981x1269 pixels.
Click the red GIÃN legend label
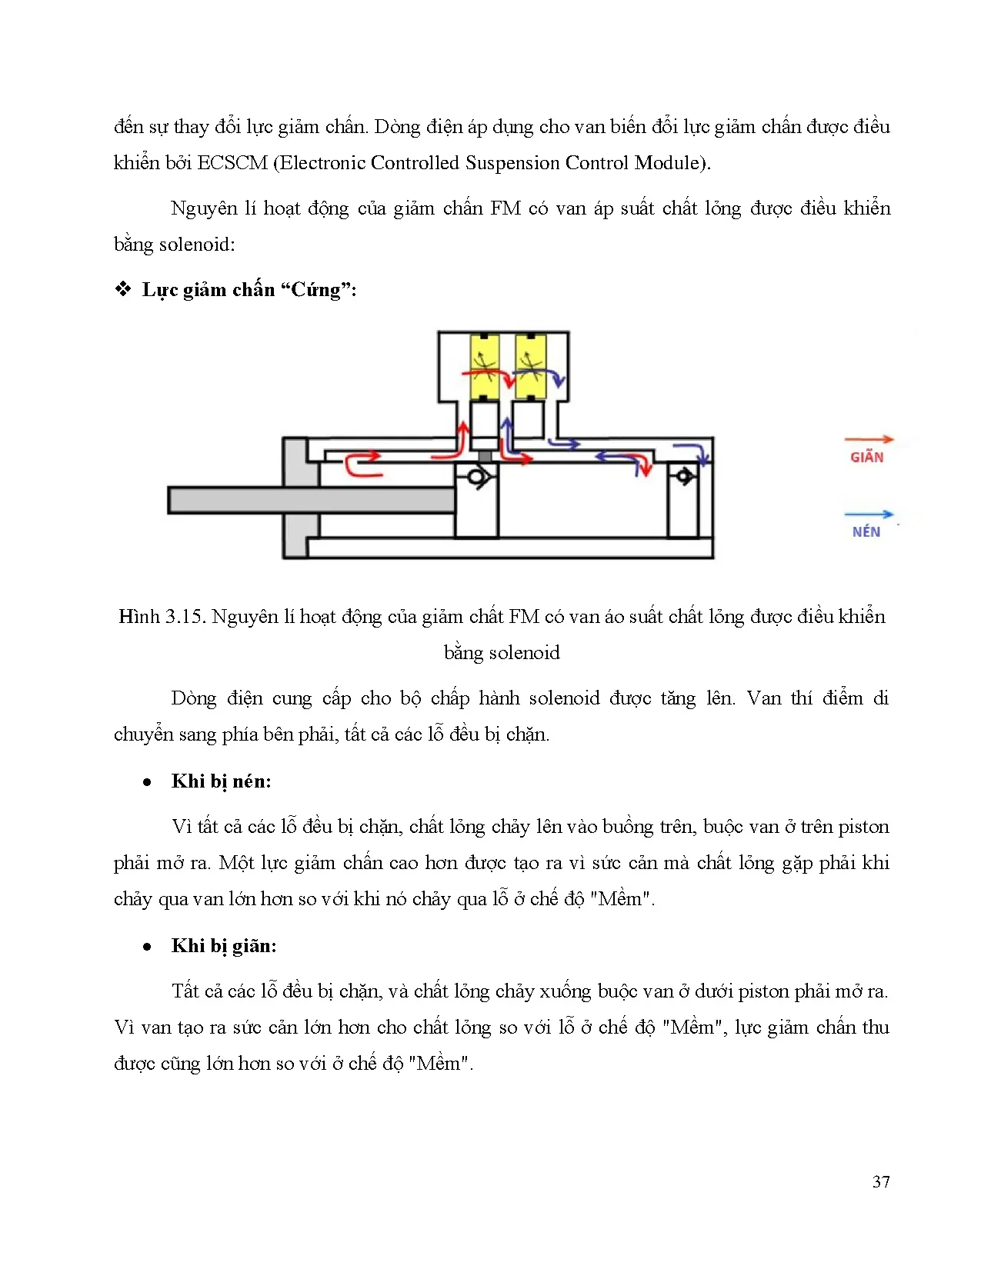(866, 458)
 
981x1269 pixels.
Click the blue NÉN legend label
(866, 532)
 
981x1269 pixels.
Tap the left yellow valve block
(485, 367)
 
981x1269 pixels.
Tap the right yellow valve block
(530, 367)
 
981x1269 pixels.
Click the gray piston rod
(311, 501)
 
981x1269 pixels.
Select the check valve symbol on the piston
(477, 478)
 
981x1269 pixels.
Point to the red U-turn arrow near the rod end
(362, 465)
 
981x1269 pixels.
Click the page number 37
(881, 1182)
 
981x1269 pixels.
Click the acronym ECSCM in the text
(232, 163)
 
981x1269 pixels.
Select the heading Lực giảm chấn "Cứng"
(249, 290)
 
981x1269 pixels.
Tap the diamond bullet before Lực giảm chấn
(123, 290)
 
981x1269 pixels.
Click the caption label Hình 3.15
(161, 617)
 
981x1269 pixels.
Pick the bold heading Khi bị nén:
(222, 781)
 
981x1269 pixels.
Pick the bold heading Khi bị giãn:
(224, 946)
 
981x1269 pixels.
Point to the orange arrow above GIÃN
(869, 440)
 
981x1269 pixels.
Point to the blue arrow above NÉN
(869, 515)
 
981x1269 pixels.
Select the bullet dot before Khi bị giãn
(147, 947)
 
